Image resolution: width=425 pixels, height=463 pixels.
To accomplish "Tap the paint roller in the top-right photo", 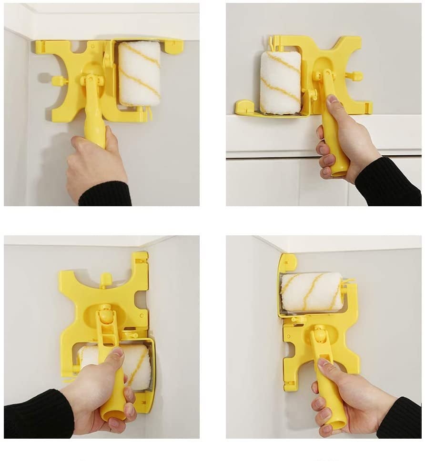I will coord(281,82).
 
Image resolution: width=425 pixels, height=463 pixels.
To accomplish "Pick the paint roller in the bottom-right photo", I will coord(312,292).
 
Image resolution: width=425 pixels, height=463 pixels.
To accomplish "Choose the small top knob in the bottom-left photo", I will coord(106,279).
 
